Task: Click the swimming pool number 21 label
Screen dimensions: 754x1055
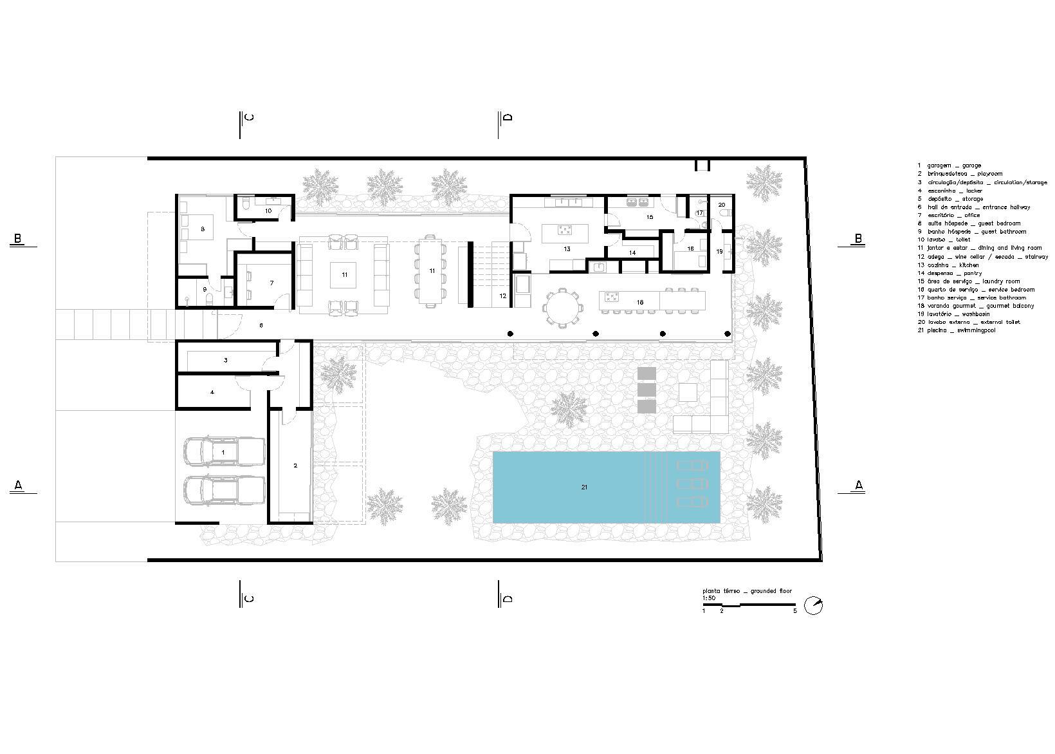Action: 584,487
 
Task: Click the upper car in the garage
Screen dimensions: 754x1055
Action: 224,452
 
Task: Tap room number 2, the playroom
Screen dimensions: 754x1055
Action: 295,466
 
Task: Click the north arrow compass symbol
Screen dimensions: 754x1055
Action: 814,606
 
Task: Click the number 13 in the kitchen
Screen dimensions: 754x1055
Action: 567,248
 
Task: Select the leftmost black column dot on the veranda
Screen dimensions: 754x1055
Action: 510,334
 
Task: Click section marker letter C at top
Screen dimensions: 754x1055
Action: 250,117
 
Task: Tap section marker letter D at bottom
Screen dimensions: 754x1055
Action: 508,599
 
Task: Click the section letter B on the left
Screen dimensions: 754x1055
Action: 19,239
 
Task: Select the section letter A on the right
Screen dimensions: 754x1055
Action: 858,485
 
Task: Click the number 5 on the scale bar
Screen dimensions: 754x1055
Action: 795,611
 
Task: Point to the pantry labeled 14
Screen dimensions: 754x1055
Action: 632,253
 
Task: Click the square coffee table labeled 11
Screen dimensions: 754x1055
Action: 345,275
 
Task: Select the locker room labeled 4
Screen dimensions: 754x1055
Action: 212,391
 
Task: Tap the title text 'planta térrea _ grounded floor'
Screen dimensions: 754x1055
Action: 747,590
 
